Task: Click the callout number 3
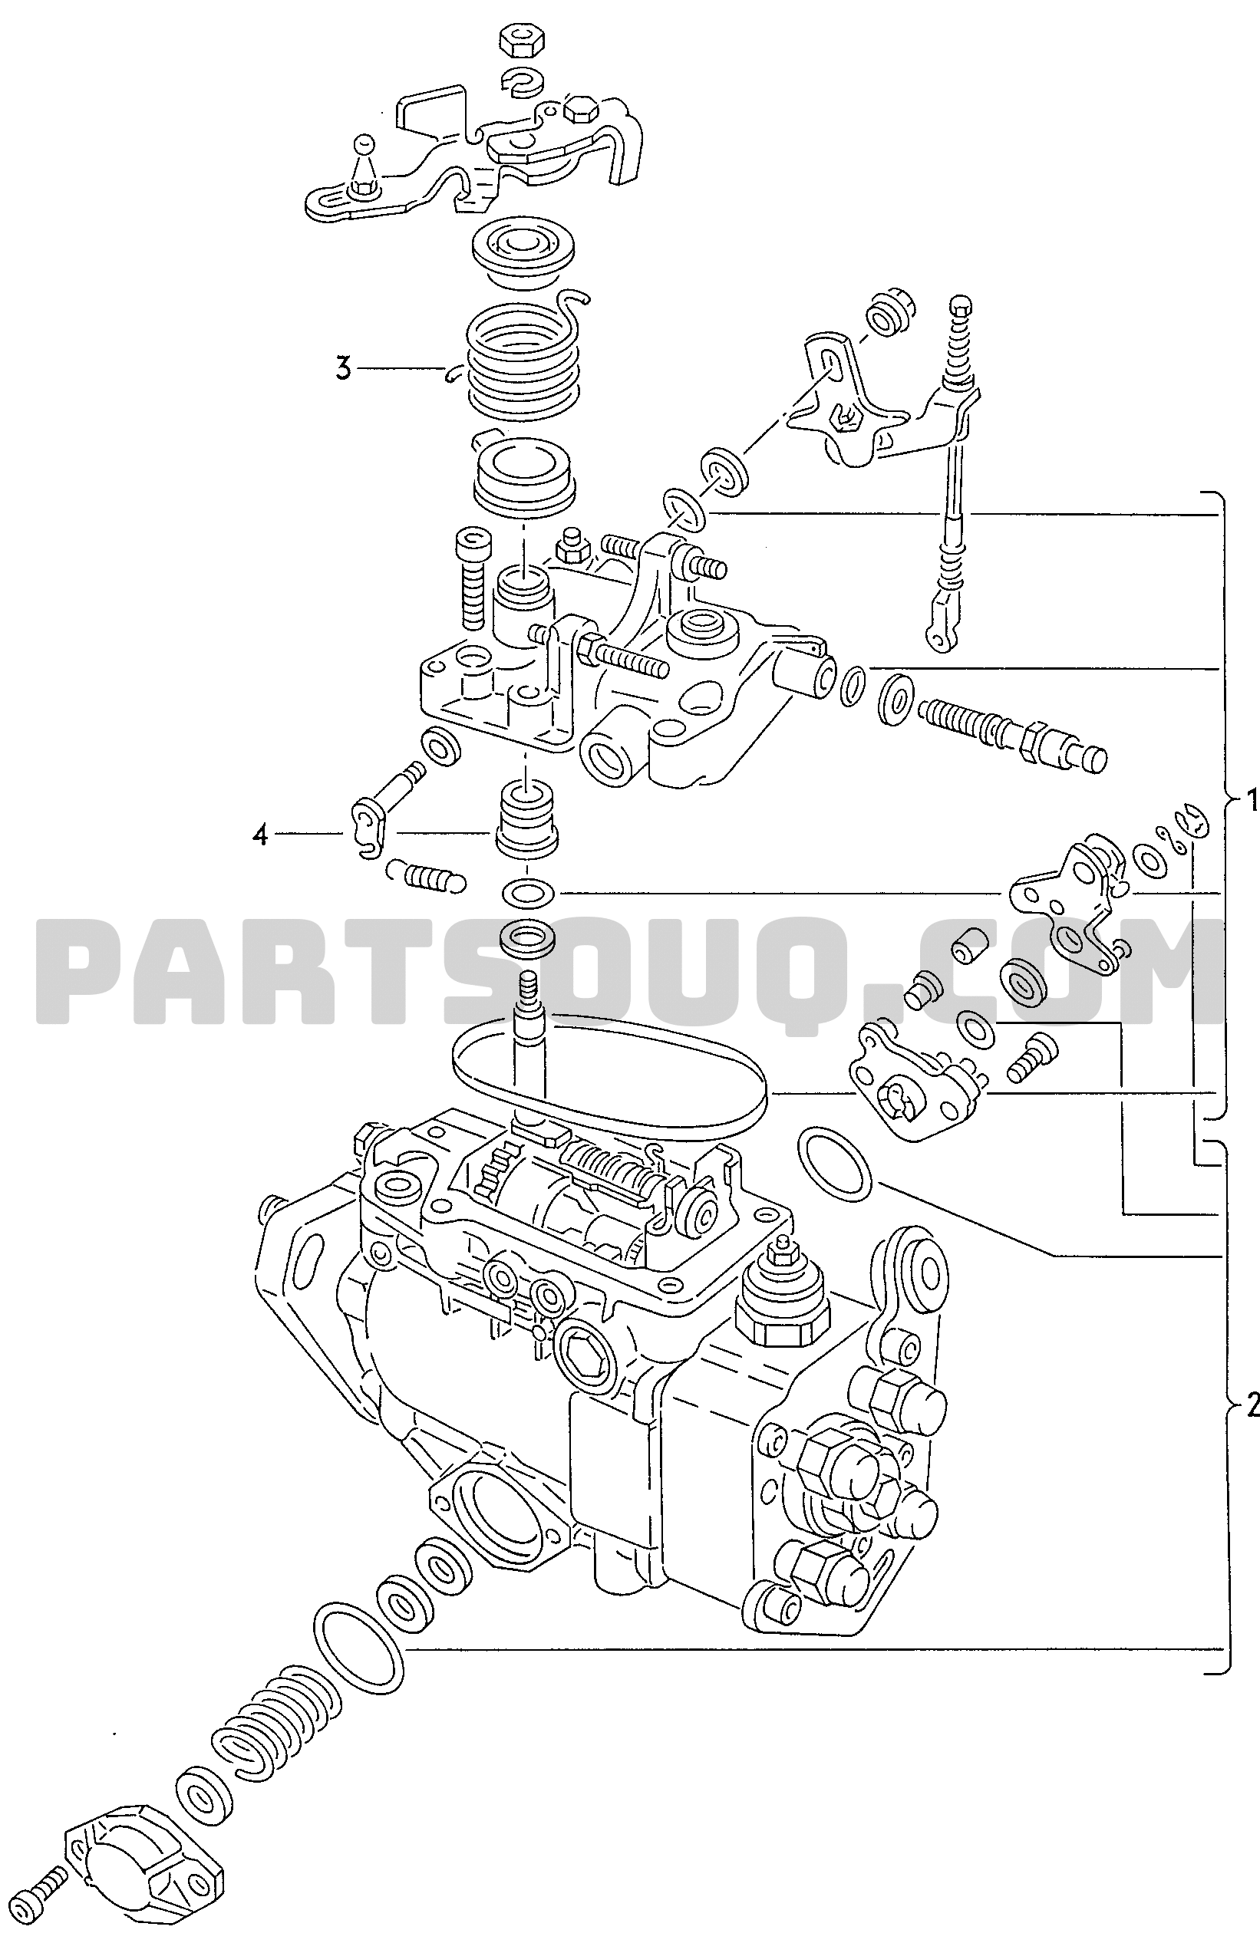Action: pyautogui.click(x=343, y=368)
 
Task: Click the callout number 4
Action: pyautogui.click(x=259, y=836)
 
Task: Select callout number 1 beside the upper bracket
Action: pyautogui.click(x=1250, y=802)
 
